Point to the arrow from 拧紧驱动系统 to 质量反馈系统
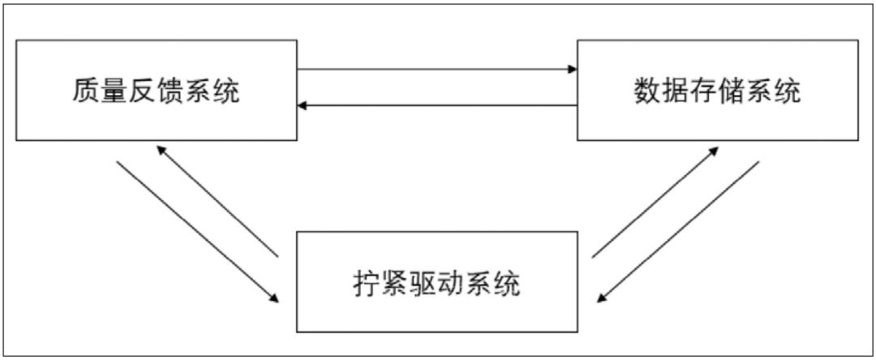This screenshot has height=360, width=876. (x=217, y=201)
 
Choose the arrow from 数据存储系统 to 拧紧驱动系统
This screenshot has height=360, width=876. (x=678, y=231)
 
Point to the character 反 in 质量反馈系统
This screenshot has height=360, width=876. (x=142, y=91)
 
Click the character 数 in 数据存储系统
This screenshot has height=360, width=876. (x=646, y=91)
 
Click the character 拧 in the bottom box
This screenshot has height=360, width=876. (x=367, y=284)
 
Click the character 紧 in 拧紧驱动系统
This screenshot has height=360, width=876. (x=396, y=284)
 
